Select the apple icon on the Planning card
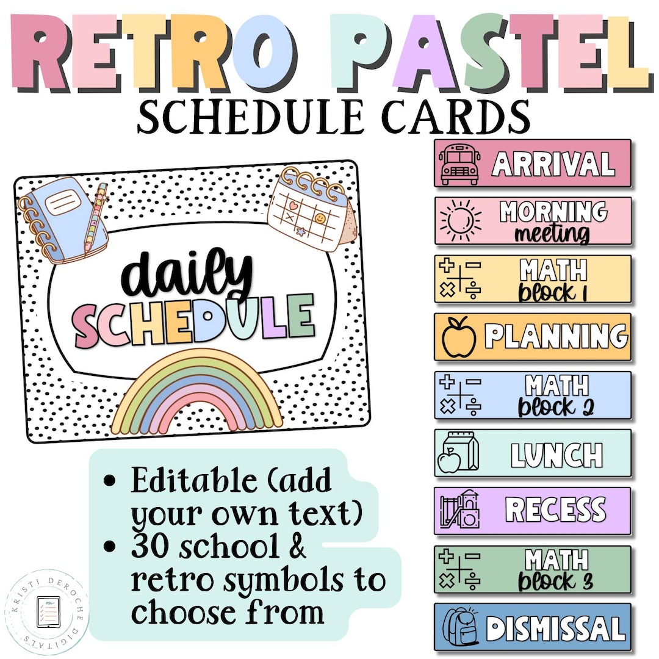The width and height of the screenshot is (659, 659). [x=459, y=336]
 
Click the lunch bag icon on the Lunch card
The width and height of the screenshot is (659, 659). [x=458, y=453]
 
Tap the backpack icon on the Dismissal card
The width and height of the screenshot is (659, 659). [x=460, y=627]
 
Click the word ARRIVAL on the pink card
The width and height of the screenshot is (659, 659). [x=553, y=164]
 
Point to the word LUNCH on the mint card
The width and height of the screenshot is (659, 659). [x=556, y=455]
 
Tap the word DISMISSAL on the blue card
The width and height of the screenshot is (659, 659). [x=556, y=628]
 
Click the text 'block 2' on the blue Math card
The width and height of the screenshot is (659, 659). [x=556, y=407]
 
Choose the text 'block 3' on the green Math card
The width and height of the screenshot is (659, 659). [x=556, y=580]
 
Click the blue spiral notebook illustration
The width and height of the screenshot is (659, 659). [x=64, y=221]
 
